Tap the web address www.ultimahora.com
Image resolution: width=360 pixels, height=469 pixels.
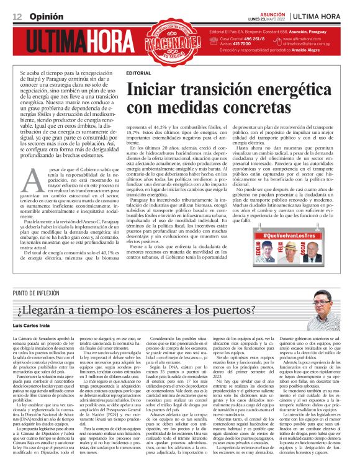pos(307,39)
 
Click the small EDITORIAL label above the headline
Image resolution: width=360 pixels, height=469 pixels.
pos(137,73)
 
